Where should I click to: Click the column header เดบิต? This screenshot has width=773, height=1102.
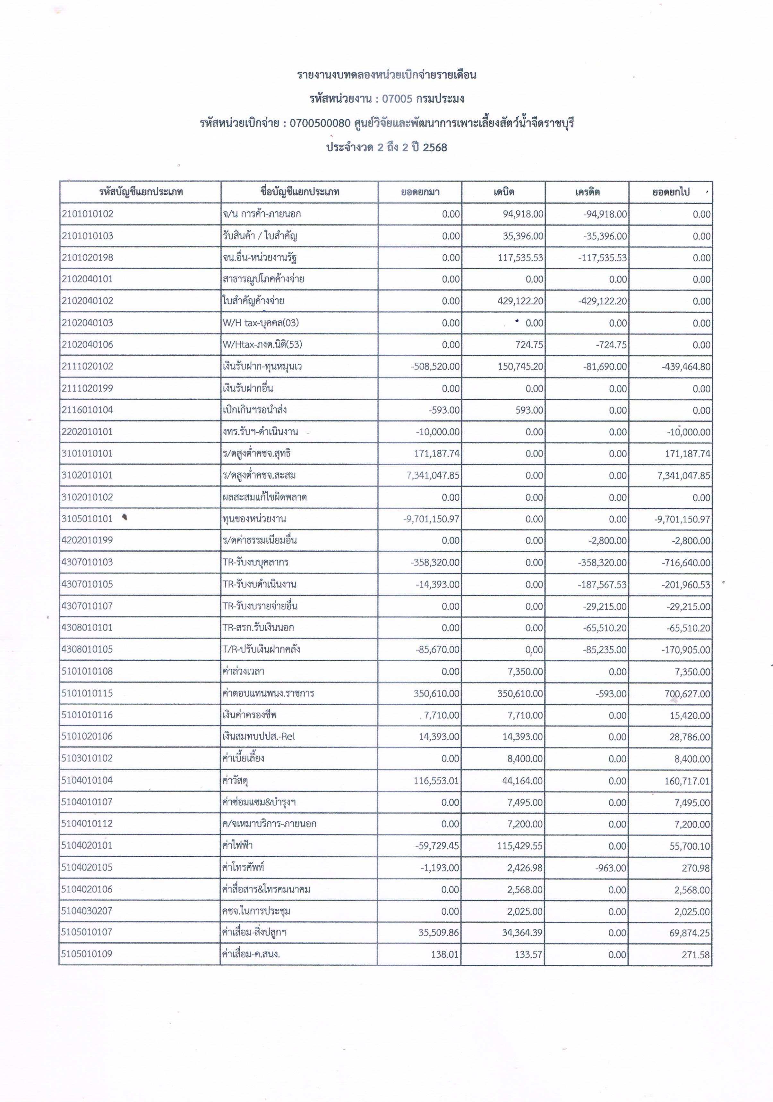504,192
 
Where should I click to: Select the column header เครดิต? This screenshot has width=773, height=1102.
587,192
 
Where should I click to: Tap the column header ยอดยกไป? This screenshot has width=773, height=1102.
671,192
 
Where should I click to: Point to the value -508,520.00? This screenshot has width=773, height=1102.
435,367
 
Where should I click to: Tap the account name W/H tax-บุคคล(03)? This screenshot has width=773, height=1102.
261,323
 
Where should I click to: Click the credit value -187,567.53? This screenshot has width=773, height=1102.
603,585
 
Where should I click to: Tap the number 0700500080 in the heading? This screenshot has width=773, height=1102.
320,123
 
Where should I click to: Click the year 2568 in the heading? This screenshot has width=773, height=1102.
435,147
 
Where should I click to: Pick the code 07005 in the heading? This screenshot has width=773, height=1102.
397,99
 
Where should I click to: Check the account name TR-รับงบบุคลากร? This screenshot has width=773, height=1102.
255,562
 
